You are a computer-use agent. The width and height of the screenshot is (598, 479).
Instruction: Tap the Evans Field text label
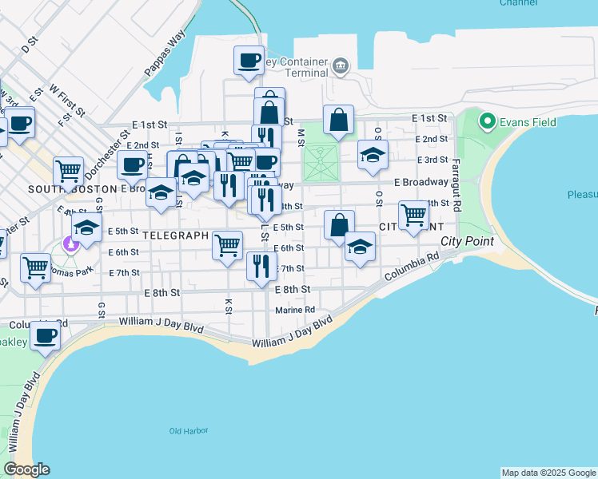[x=521, y=122]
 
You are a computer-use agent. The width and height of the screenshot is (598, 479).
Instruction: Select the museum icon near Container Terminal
[x=341, y=65]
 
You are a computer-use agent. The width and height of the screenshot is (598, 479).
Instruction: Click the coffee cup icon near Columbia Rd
[x=46, y=335]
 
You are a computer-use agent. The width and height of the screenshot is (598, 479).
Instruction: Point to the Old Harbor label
[x=189, y=431]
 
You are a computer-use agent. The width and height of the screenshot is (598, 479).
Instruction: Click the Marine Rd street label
[x=295, y=310]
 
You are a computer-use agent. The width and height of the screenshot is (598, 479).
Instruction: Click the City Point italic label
[x=467, y=240]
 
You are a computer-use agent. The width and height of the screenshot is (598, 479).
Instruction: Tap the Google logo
[x=26, y=469]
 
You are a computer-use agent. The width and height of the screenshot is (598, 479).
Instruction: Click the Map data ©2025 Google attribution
[x=548, y=473]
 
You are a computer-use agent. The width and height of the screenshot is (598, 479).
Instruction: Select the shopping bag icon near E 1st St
[x=339, y=120]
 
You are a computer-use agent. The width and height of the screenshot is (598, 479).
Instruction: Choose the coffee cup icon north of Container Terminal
[x=249, y=60]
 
